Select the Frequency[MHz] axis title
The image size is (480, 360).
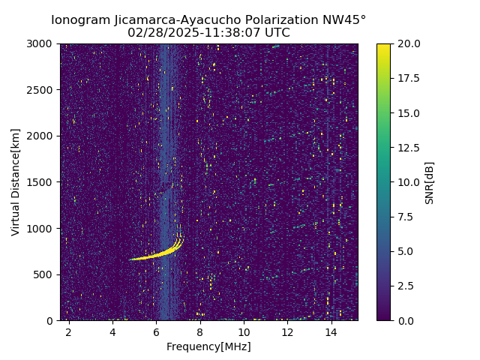click(x=208, y=346)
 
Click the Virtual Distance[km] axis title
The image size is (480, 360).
click(x=16, y=182)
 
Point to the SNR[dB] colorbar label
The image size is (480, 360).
click(x=430, y=182)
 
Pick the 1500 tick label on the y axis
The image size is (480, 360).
click(x=42, y=182)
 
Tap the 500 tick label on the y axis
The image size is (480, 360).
click(x=45, y=274)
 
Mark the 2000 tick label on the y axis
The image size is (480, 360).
click(x=42, y=136)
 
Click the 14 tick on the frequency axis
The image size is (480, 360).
click(x=331, y=331)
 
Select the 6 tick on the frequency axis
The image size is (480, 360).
click(x=156, y=331)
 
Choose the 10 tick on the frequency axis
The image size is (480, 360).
click(x=244, y=331)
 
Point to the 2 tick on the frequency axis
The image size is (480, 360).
click(x=68, y=331)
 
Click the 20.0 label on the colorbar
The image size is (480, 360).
click(x=408, y=44)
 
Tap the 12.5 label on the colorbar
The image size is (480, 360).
click(x=408, y=148)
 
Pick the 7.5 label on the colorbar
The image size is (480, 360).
click(x=406, y=217)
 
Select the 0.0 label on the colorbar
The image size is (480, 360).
click(x=406, y=320)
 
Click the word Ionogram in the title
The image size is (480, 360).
click(x=78, y=20)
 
